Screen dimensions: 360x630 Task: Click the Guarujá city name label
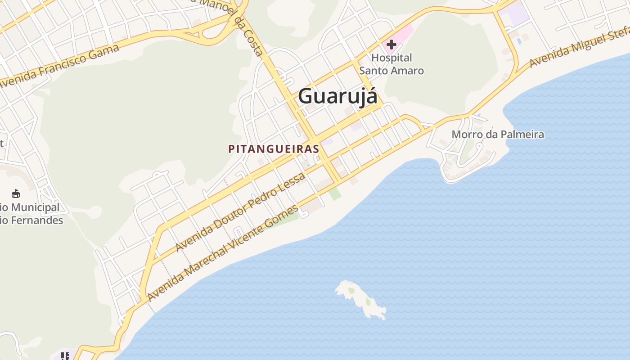(x=337, y=96)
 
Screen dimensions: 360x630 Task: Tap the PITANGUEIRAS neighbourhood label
(x=274, y=149)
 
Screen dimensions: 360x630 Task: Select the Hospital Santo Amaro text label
(x=391, y=64)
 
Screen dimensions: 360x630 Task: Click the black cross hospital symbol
(x=391, y=45)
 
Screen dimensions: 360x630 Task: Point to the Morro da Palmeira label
(x=498, y=135)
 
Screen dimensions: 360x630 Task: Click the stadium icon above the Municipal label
(x=16, y=194)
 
